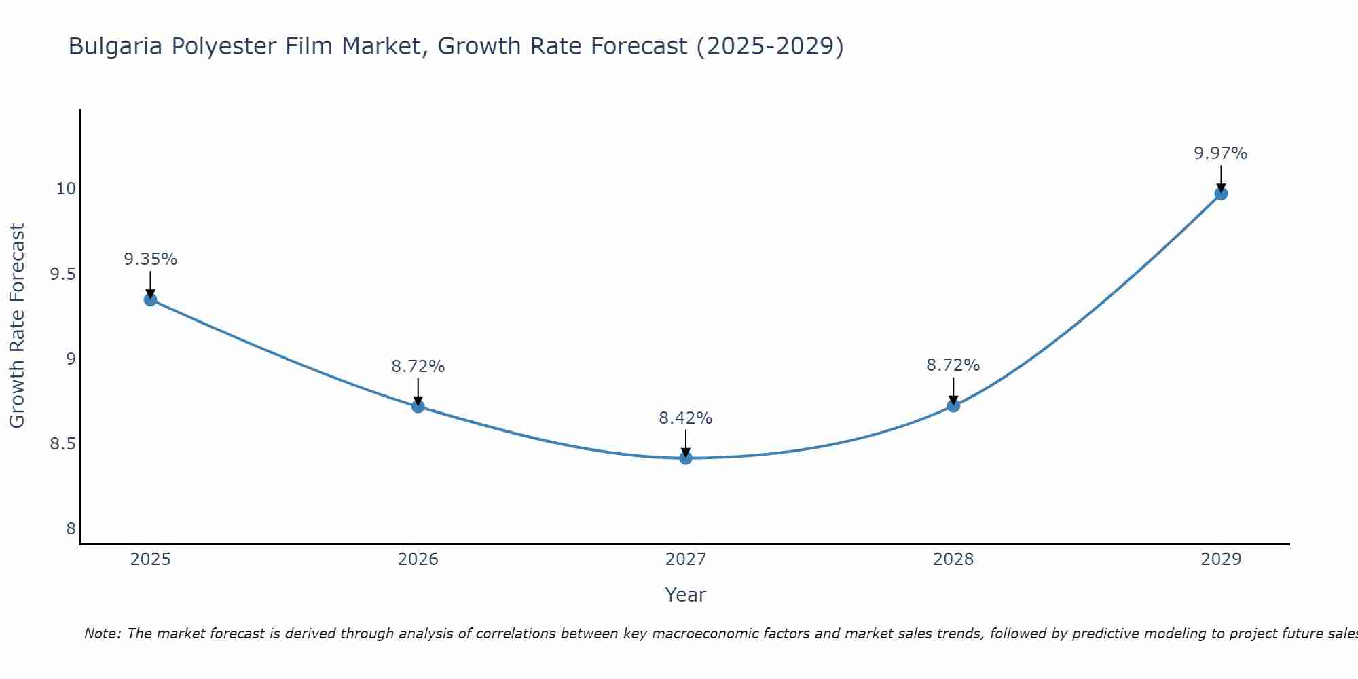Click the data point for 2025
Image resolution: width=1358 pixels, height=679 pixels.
pyautogui.click(x=150, y=299)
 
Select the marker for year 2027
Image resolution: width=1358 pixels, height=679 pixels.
pyautogui.click(x=686, y=458)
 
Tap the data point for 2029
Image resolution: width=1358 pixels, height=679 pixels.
pyautogui.click(x=1221, y=194)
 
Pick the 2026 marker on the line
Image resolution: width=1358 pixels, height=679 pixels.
pyautogui.click(x=418, y=407)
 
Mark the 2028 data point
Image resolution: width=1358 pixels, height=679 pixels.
pyautogui.click(x=953, y=406)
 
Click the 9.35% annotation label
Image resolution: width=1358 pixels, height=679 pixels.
pyautogui.click(x=150, y=259)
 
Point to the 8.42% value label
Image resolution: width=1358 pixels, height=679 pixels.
pyautogui.click(x=686, y=418)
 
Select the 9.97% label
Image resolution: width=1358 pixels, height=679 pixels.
pyautogui.click(x=1221, y=153)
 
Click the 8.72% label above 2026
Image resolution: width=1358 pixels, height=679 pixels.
pyautogui.click(x=418, y=367)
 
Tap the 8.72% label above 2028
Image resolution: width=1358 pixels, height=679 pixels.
pyautogui.click(x=953, y=365)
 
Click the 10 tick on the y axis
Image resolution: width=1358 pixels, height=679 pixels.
pyautogui.click(x=66, y=189)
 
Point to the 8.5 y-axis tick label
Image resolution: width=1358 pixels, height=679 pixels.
pyautogui.click(x=62, y=444)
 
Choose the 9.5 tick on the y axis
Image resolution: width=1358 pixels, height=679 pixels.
pyautogui.click(x=62, y=274)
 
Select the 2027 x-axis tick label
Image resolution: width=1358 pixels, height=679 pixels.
pyautogui.click(x=686, y=559)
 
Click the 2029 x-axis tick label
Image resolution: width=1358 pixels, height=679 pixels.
pyautogui.click(x=1221, y=559)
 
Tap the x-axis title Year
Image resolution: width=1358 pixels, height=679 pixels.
pyautogui.click(x=686, y=595)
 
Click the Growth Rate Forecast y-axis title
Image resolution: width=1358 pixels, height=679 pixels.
pyautogui.click(x=17, y=326)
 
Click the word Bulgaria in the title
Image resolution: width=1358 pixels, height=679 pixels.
pyautogui.click(x=115, y=46)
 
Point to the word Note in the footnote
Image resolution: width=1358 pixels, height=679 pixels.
pyautogui.click(x=102, y=634)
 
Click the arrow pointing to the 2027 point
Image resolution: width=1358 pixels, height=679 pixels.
pyautogui.click(x=686, y=443)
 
